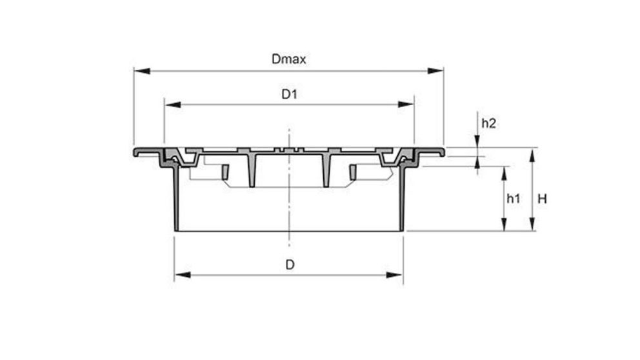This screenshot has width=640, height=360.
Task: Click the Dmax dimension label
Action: pyautogui.click(x=288, y=59)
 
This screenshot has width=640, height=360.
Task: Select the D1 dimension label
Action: pyautogui.click(x=288, y=94)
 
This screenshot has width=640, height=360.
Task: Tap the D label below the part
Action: pyautogui.click(x=290, y=265)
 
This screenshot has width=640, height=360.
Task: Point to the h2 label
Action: pyautogui.click(x=489, y=123)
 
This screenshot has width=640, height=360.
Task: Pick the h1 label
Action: pyautogui.click(x=514, y=199)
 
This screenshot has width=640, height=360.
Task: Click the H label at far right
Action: pyautogui.click(x=543, y=199)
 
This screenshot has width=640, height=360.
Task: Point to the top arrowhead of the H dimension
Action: pyautogui.click(x=532, y=152)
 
